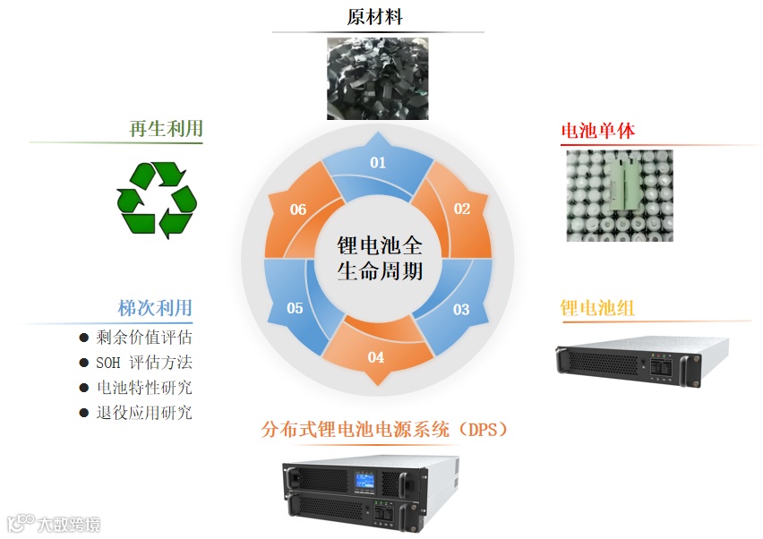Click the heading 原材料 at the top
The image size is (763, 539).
377,17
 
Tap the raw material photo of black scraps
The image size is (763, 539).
377,78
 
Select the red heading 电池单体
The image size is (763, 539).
597,131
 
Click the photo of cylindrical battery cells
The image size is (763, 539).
619,195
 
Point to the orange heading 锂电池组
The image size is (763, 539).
597,308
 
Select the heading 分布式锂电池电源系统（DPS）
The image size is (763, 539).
385,430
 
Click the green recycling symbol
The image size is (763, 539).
156,199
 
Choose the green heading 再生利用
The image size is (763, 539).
166,129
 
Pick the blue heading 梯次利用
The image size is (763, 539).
155,308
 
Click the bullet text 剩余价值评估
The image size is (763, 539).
143,338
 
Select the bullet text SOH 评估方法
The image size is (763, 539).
143,363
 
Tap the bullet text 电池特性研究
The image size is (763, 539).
143,388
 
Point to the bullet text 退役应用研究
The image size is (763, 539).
143,413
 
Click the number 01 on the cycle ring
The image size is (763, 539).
378,162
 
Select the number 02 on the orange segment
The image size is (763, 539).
461,209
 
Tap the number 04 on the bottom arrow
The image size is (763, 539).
376,357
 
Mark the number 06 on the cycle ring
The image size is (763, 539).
298,210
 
